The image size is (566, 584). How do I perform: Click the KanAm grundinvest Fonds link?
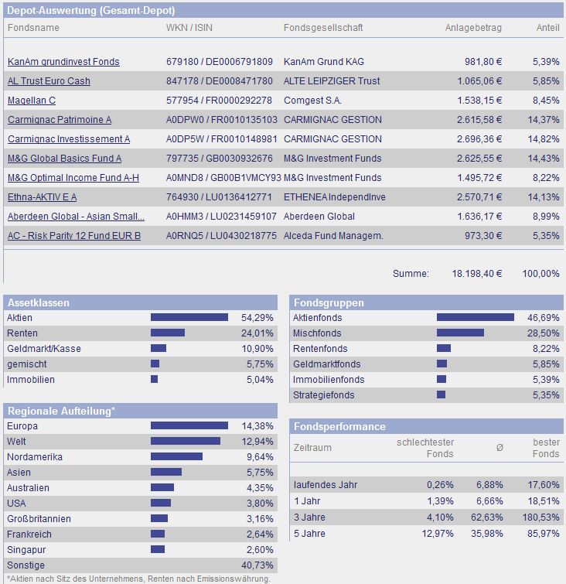(x=63, y=62)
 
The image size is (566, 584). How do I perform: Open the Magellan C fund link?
(x=32, y=101)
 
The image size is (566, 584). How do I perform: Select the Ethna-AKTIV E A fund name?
(x=43, y=197)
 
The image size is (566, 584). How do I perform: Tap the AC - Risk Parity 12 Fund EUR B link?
(x=74, y=236)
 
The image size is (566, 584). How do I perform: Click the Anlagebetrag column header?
(x=473, y=28)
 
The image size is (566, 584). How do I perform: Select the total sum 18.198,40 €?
(x=476, y=274)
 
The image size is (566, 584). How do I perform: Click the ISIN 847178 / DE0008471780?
(x=220, y=81)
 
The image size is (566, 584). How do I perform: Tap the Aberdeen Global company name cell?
(x=319, y=217)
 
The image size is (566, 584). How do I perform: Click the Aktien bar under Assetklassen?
(x=189, y=317)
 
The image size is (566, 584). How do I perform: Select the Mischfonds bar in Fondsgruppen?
(x=460, y=333)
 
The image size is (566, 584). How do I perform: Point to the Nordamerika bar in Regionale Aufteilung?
(x=176, y=456)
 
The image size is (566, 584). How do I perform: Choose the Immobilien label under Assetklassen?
(x=31, y=380)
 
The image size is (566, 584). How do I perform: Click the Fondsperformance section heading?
(x=339, y=426)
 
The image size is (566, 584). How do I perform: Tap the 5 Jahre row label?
(x=309, y=534)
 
